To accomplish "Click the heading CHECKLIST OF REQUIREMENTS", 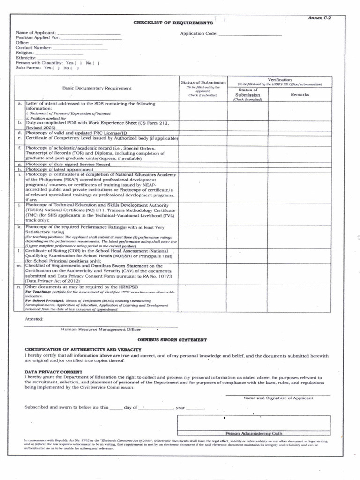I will pos(173,22).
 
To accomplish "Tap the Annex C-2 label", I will pos(319,17).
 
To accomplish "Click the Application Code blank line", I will pos(250,35).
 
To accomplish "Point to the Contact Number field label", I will pos(34,48).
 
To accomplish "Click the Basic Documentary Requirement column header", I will pos(97,88).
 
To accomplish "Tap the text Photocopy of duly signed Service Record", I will pos(68,165).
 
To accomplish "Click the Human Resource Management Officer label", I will pos(101,330).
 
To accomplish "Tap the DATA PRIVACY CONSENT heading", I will pos(53,372).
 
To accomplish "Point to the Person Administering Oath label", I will pos(254,433).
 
